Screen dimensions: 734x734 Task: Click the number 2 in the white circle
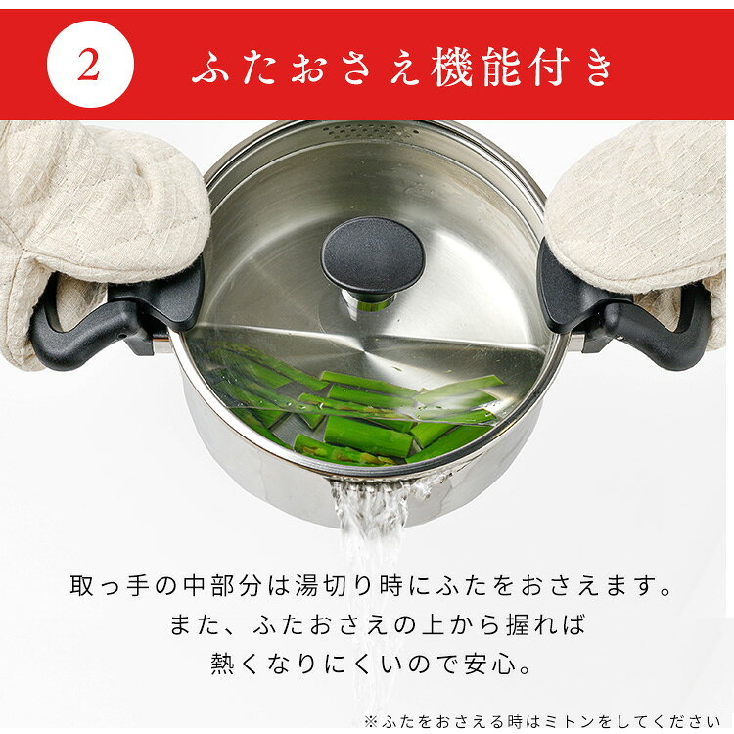pyautogui.click(x=89, y=65)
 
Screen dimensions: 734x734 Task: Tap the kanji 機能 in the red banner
pyautogui.click(x=475, y=67)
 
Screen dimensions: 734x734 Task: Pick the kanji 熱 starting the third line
pyautogui.click(x=222, y=664)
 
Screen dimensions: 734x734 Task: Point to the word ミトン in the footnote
pyautogui.click(x=568, y=721)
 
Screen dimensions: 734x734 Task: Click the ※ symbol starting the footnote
pyautogui.click(x=370, y=721)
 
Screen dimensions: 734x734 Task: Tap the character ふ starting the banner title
pyautogui.click(x=210, y=67)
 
